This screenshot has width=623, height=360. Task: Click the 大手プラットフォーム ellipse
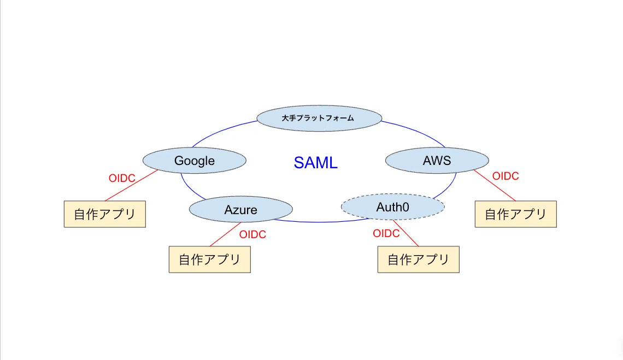(x=319, y=118)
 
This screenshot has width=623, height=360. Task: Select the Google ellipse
(x=195, y=161)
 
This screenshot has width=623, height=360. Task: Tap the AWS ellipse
(x=437, y=161)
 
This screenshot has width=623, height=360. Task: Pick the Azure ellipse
(x=241, y=209)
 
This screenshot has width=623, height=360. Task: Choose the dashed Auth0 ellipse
(x=392, y=207)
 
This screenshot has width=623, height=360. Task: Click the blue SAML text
(x=315, y=162)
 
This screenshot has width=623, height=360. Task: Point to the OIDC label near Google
(x=122, y=178)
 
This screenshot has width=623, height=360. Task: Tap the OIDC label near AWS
(x=506, y=176)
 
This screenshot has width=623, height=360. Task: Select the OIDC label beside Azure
(x=252, y=234)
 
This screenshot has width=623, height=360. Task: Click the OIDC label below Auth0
(x=386, y=233)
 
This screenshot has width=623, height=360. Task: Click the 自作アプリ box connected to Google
(x=105, y=214)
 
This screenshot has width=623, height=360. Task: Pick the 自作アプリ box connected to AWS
(x=516, y=214)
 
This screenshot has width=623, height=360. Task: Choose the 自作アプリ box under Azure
(x=210, y=259)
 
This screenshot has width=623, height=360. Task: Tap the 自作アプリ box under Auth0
(x=419, y=259)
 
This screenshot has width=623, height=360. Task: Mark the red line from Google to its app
(x=132, y=186)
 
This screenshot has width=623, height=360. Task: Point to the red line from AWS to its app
(x=495, y=186)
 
